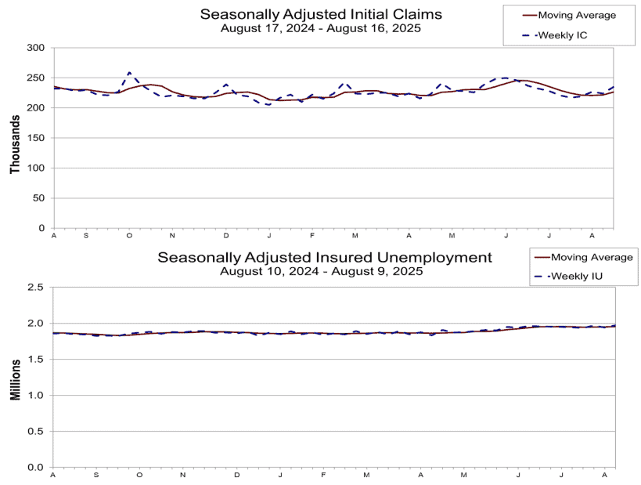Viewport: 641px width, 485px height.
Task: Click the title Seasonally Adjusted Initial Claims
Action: [321, 14]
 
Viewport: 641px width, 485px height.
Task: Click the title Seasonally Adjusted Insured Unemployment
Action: [325, 258]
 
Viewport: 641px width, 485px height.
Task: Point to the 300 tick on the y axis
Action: [35, 48]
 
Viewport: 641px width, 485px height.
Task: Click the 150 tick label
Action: [35, 138]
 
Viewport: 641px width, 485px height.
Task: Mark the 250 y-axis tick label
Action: [35, 78]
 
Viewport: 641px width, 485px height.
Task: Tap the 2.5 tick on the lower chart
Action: [35, 288]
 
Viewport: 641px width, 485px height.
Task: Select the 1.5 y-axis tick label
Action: [35, 360]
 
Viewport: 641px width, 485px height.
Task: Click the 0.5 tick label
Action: [35, 432]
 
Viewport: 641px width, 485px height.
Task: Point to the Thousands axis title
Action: [15, 144]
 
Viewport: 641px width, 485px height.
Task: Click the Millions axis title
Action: [15, 380]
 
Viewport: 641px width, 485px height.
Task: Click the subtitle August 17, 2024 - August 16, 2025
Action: [321, 28]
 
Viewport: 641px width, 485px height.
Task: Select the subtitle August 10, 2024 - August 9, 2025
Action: [322, 271]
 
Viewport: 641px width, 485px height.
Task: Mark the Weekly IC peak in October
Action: [130, 72]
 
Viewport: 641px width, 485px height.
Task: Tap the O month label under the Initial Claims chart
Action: [129, 236]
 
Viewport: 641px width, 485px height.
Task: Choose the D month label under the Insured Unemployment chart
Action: [236, 475]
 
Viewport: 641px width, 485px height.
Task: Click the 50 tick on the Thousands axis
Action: [38, 198]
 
